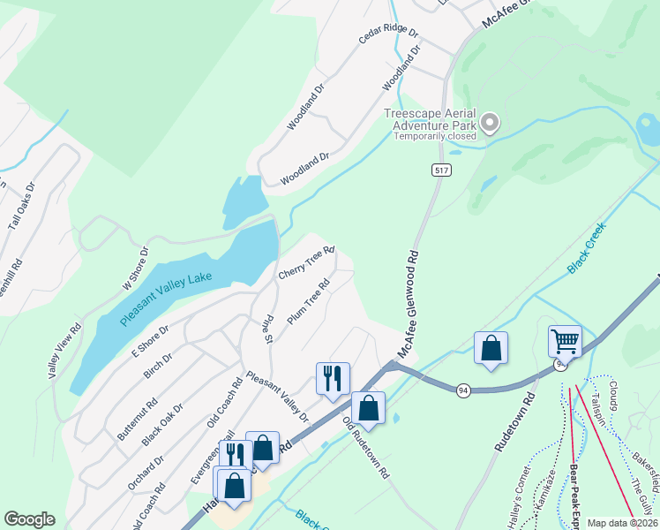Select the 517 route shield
coord(439,169)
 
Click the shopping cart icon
coord(565,340)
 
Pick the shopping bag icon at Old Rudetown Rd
coord(368,408)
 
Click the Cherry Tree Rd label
coord(306,263)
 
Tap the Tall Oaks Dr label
coord(21,207)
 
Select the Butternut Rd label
coord(138,418)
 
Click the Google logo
coord(29,519)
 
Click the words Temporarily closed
coord(435,136)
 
